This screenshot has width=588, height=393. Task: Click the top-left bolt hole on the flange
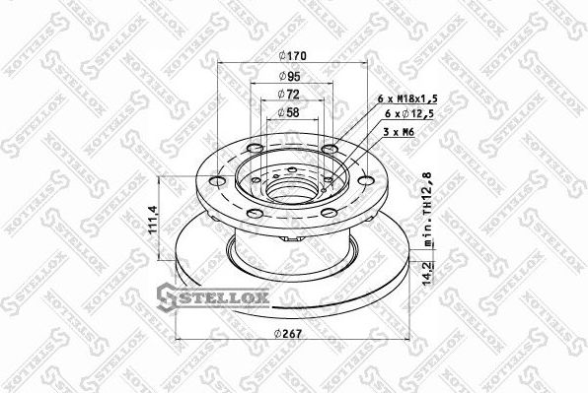[x=256, y=150]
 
